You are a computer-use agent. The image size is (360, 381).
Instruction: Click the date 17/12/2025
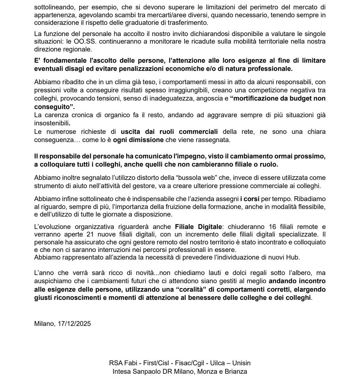[x=74, y=323]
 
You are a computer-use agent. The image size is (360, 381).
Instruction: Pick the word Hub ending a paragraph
[x=293, y=257]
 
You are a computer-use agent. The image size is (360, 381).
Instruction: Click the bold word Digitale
[x=210, y=227]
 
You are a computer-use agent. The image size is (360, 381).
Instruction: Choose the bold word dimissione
[x=146, y=140]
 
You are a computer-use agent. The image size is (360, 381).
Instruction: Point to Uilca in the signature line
[x=210, y=363]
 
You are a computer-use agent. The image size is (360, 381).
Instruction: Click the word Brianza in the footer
[x=236, y=371]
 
